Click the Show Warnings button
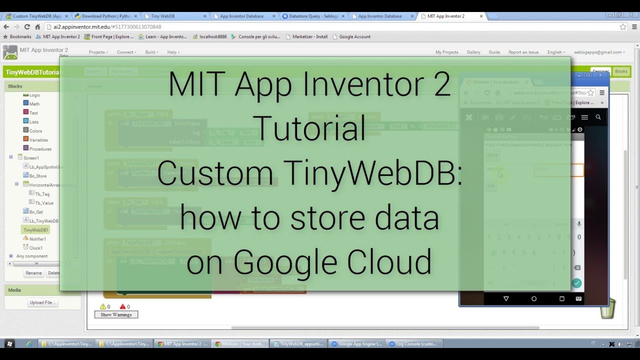click(x=116, y=314)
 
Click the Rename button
click(x=33, y=273)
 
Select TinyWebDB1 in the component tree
click(x=36, y=230)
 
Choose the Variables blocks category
click(x=38, y=140)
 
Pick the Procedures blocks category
click(x=40, y=149)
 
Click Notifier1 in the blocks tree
click(x=37, y=239)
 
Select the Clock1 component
click(x=36, y=248)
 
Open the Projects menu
click(x=98, y=52)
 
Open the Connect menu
click(x=126, y=52)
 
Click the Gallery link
click(x=473, y=52)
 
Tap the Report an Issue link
click(x=523, y=52)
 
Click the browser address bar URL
click(x=107, y=27)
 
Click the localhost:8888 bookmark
click(x=212, y=36)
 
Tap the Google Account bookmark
click(x=354, y=36)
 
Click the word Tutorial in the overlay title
click(x=310, y=128)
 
